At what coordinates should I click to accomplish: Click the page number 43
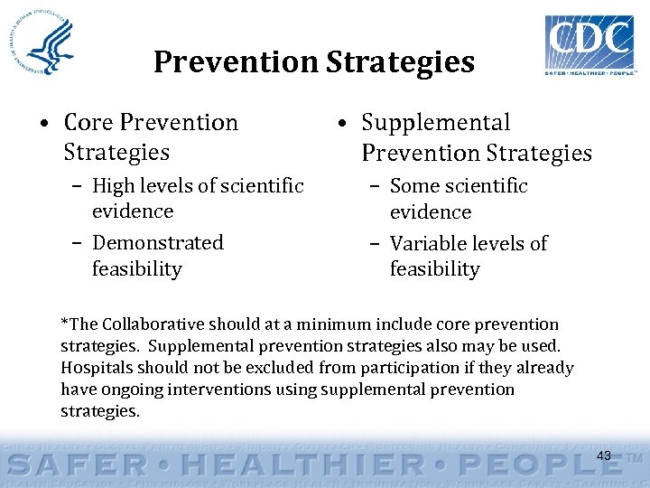click(x=603, y=455)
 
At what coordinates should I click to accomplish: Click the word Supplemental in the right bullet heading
click(x=436, y=123)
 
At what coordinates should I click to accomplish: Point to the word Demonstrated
click(x=158, y=243)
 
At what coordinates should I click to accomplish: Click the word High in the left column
click(x=113, y=186)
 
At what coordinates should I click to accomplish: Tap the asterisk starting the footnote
click(x=64, y=323)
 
